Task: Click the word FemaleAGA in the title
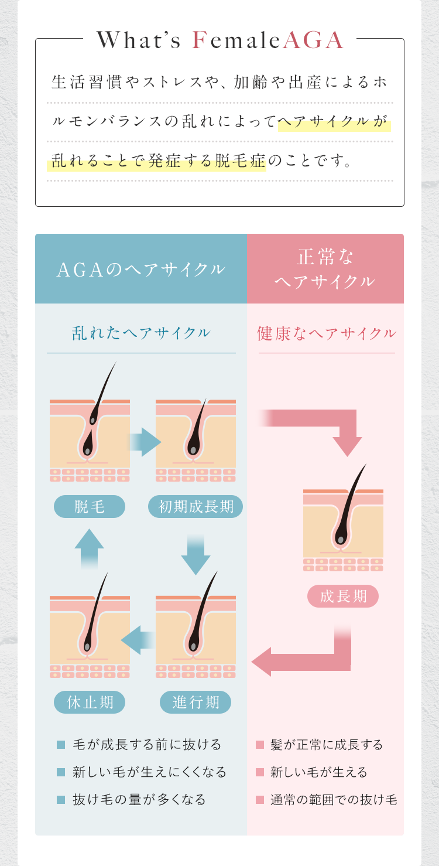click(268, 40)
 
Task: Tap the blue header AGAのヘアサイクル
click(141, 269)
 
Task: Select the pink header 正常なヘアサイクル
click(325, 269)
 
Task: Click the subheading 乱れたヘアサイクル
click(141, 333)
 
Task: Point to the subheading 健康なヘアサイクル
click(327, 333)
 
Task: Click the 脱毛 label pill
click(90, 506)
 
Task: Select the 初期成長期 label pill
click(196, 506)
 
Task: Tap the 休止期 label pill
click(90, 702)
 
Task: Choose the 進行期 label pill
click(196, 702)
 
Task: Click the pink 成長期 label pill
click(343, 596)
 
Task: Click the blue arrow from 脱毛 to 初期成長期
click(145, 442)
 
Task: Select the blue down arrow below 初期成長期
click(196, 555)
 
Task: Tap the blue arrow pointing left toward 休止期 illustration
click(138, 640)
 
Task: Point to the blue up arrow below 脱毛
click(89, 549)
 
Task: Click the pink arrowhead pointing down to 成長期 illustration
click(348, 446)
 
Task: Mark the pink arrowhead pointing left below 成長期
click(262, 662)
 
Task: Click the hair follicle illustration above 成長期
click(343, 518)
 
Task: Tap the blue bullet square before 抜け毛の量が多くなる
click(61, 800)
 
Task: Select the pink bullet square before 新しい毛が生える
click(260, 772)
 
